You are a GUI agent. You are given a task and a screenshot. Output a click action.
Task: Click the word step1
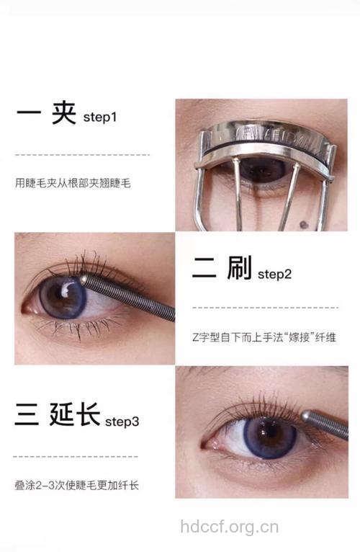pyautogui.click(x=99, y=117)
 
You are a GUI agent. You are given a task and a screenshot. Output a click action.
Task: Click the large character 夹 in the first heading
pyautogui.click(x=63, y=115)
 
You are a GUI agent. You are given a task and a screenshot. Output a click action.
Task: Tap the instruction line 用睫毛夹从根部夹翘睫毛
pyautogui.click(x=73, y=183)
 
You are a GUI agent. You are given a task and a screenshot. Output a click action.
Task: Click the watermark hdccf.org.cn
pyautogui.click(x=229, y=527)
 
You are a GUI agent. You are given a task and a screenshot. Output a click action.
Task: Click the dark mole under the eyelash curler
pyautogui.click(x=303, y=226)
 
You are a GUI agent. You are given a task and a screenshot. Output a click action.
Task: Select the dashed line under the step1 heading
pyautogui.click(x=82, y=155)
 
